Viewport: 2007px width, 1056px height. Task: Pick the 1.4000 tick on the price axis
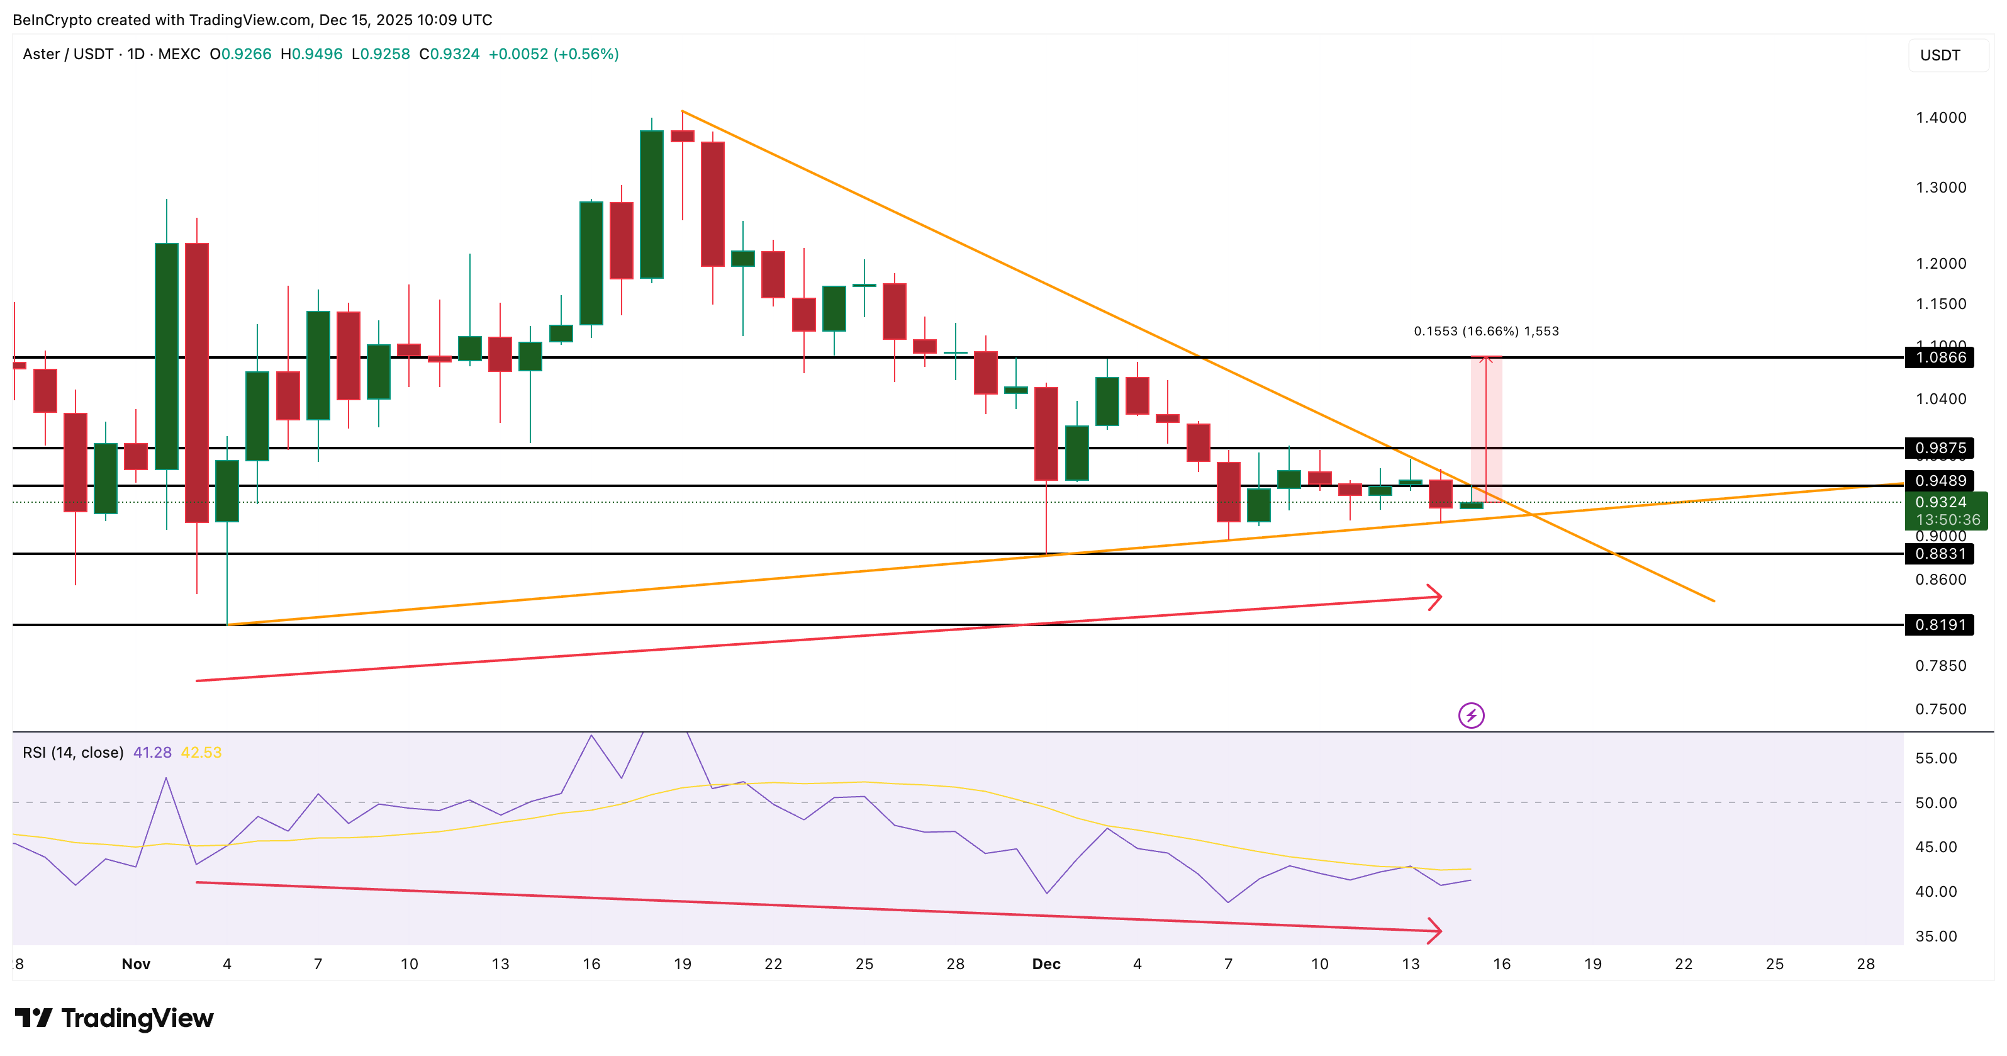1940,118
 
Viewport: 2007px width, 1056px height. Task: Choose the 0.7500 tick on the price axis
1940,709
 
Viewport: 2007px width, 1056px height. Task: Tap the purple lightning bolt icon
1471,716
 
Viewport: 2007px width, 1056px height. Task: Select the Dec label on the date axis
1046,964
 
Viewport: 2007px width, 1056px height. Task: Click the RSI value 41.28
152,753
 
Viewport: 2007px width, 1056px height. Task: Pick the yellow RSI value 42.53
201,753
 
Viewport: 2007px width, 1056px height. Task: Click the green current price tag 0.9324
1945,510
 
